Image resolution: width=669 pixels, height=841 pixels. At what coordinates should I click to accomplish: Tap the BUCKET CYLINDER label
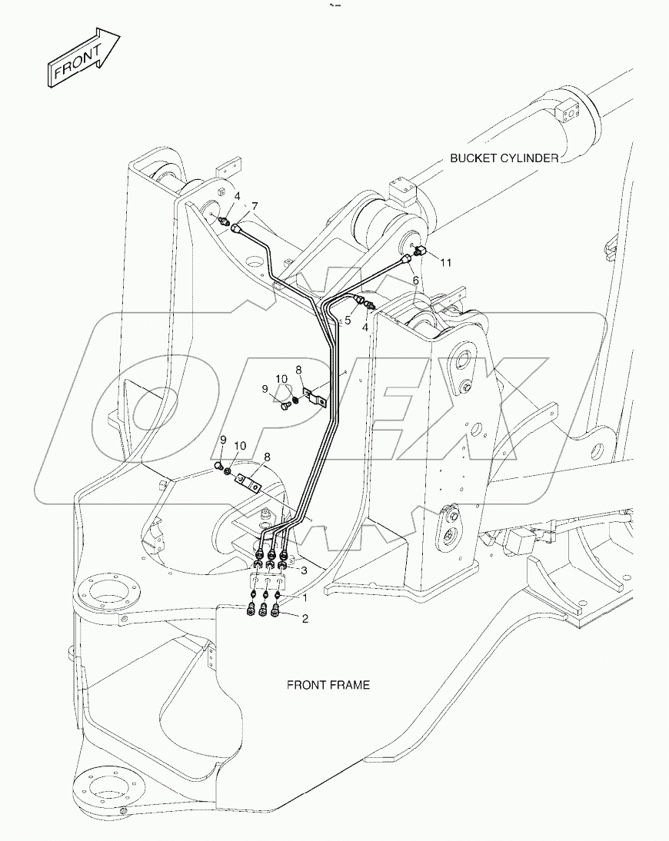504,158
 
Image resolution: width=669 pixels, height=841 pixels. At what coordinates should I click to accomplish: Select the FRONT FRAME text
328,684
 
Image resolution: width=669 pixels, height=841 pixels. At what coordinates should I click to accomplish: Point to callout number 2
305,618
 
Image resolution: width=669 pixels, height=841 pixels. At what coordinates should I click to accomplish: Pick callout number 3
305,570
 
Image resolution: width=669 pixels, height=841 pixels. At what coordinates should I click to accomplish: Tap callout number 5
348,320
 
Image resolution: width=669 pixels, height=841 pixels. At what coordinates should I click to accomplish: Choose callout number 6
415,281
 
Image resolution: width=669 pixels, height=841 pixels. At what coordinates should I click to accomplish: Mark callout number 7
255,205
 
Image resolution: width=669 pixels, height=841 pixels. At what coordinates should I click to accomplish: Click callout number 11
446,262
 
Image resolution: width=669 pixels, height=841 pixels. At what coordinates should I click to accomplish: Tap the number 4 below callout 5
365,327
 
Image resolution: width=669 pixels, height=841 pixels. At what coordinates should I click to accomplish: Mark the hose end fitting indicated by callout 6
405,261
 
